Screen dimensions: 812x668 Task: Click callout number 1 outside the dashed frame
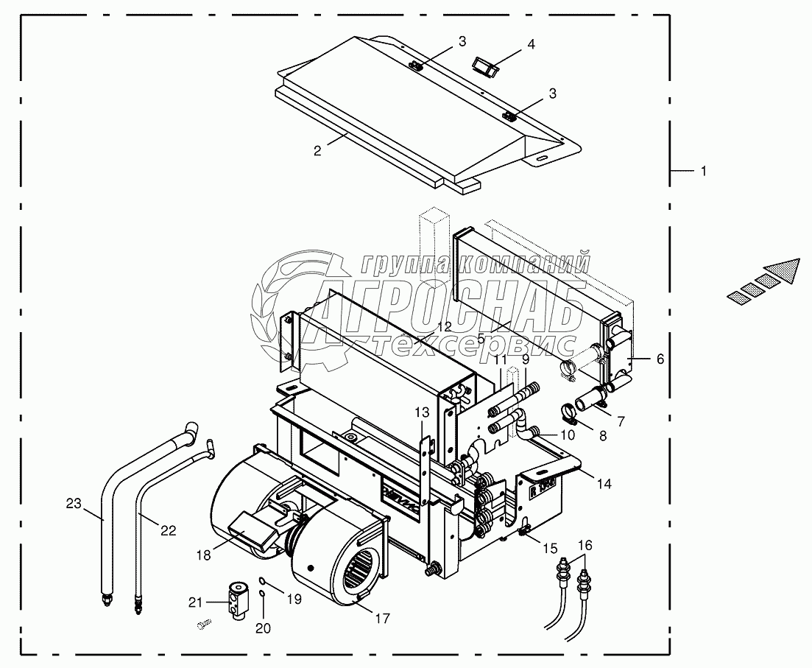tap(702, 171)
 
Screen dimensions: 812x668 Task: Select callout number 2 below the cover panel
tap(317, 151)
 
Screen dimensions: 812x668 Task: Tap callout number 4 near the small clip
tap(531, 44)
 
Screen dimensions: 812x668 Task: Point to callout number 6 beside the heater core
tap(660, 359)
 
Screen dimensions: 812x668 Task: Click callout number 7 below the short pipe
tap(621, 421)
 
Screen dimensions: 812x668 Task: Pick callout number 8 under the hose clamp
tap(602, 435)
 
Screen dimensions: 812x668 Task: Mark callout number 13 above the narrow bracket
tap(420, 411)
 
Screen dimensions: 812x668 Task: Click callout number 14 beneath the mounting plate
tap(604, 484)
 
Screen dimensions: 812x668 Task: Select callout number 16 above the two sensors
tap(585, 545)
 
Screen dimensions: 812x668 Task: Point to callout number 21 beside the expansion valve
tap(195, 602)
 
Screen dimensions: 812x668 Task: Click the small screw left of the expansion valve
tap(204, 625)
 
